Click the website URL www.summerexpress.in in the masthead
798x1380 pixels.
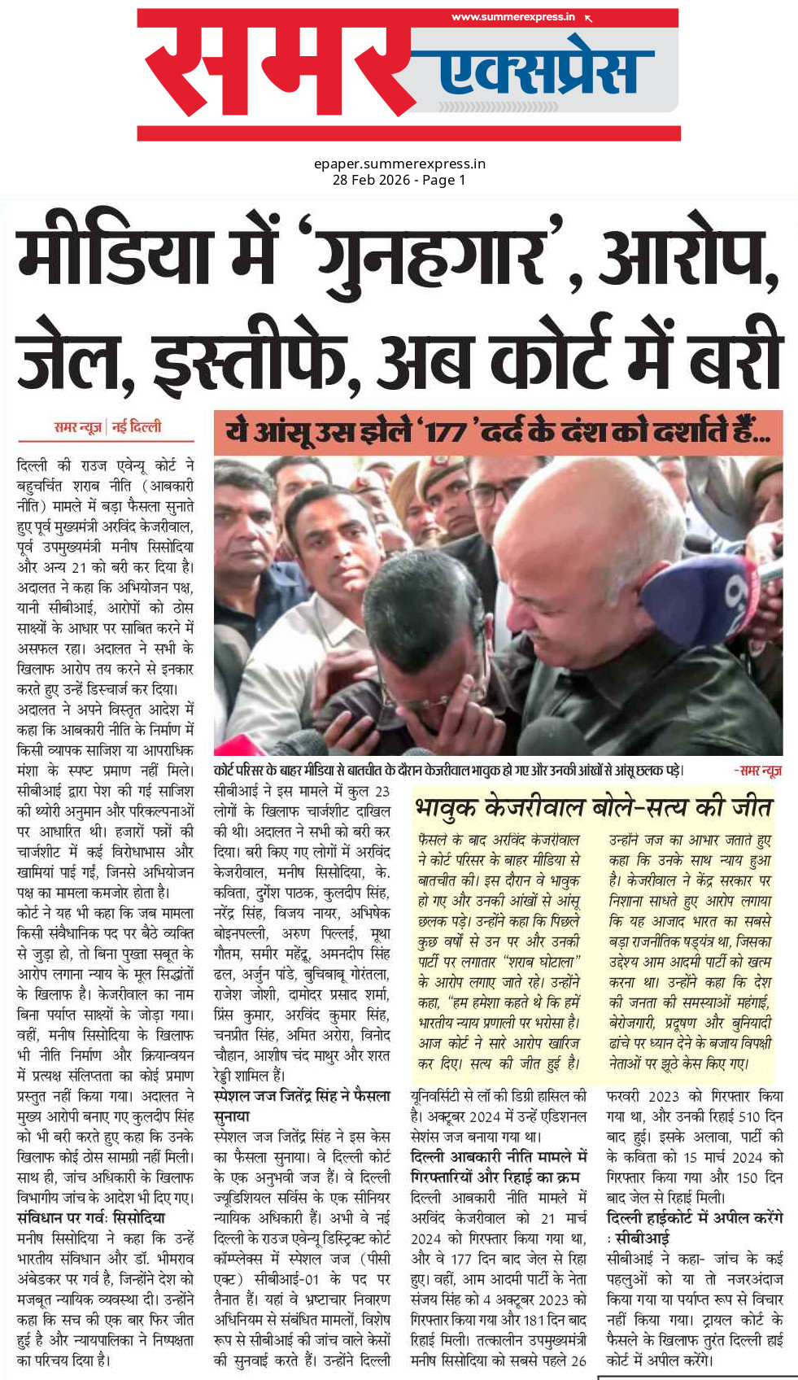[512, 17]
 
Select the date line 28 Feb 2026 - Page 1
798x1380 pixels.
[399, 180]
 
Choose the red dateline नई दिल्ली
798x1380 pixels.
[137, 426]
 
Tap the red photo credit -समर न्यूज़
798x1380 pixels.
[757, 770]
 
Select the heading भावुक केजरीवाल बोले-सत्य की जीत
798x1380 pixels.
[593, 807]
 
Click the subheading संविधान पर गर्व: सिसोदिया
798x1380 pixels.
[90, 1218]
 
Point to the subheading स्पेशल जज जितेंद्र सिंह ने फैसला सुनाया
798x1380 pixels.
[301, 1106]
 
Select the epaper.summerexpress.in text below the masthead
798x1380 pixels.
[399, 164]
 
